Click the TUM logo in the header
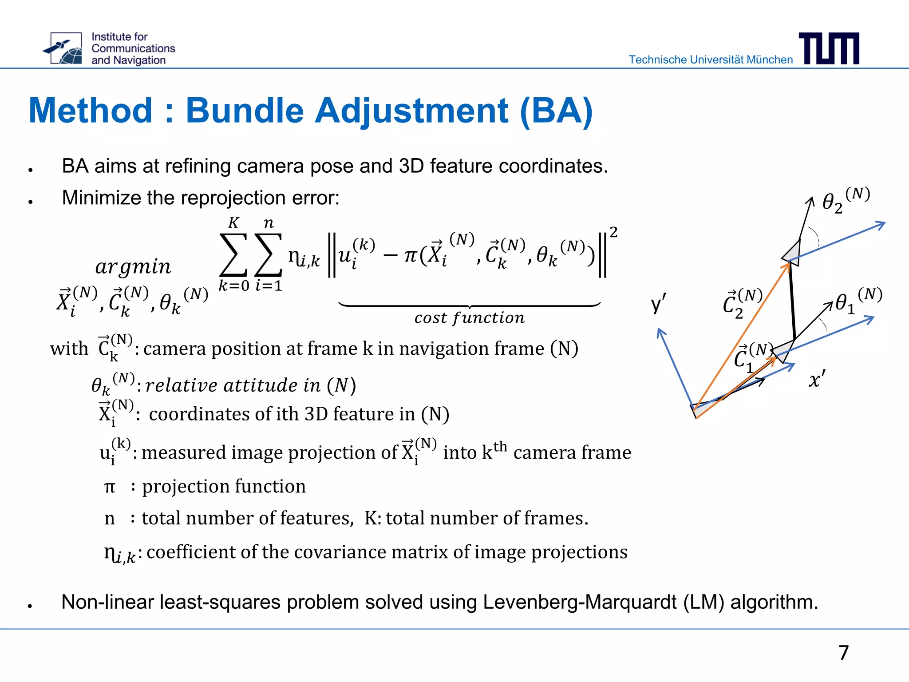tap(829, 48)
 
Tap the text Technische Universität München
tap(711, 59)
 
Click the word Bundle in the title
tap(244, 111)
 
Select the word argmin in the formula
tap(133, 266)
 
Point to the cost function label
tap(469, 318)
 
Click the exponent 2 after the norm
tap(613, 232)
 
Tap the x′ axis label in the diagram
tap(817, 379)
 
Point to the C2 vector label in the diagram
tap(742, 304)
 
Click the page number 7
tap(843, 652)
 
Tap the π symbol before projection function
tap(109, 487)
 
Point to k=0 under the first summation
tap(234, 285)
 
